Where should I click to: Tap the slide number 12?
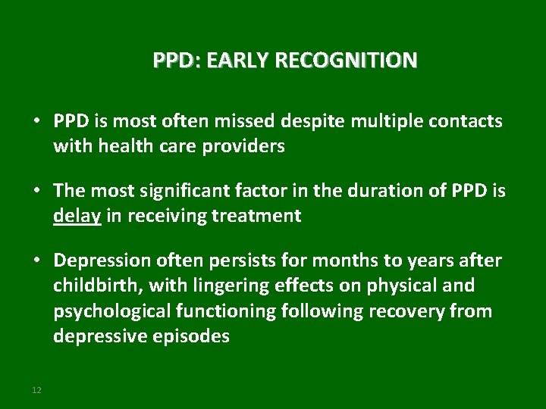[x=36, y=389]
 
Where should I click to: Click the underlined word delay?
[x=77, y=216]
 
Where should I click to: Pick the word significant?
[x=174, y=191]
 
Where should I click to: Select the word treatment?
[x=259, y=216]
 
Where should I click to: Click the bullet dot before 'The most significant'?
[x=36, y=192]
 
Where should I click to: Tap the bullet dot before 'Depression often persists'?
[x=36, y=261]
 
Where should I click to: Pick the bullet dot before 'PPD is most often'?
[x=36, y=122]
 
